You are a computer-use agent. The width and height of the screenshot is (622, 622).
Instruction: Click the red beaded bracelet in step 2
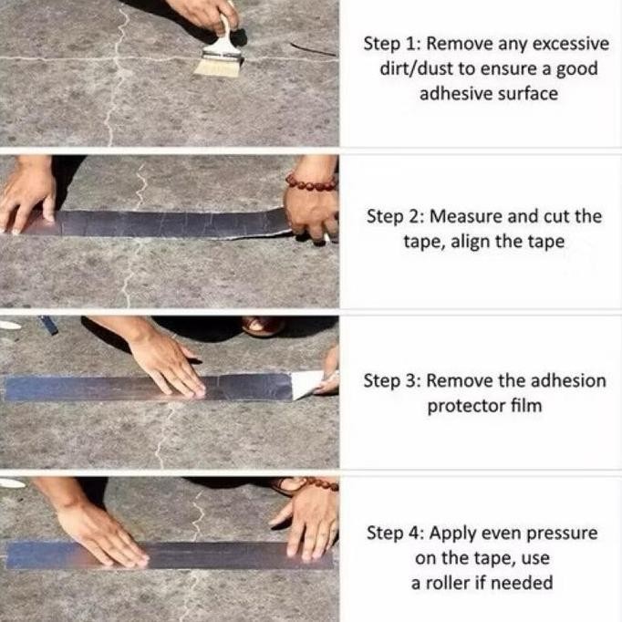point(311,181)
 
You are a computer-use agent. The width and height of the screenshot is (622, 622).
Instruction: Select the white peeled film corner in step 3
point(306,384)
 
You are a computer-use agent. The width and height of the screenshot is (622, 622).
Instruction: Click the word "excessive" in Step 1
point(570,44)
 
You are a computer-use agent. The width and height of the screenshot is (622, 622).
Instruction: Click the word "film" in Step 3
point(526,406)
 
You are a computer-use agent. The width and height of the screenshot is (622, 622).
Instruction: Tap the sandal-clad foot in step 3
point(263,326)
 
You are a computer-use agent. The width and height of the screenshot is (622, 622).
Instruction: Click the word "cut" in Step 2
point(557,217)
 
